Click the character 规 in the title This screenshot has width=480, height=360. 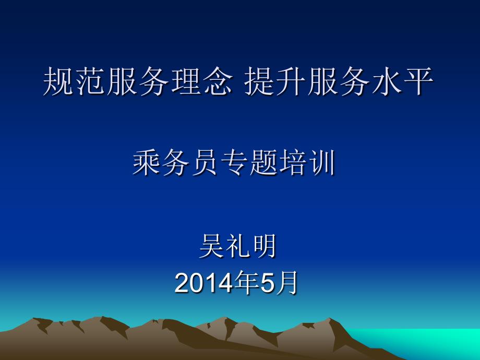[58, 81]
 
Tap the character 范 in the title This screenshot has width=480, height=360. [90, 81]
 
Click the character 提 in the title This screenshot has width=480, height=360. [260, 81]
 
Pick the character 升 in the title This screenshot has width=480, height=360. [292, 81]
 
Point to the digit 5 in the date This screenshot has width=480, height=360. [268, 283]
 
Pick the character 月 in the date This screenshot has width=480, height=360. [286, 283]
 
